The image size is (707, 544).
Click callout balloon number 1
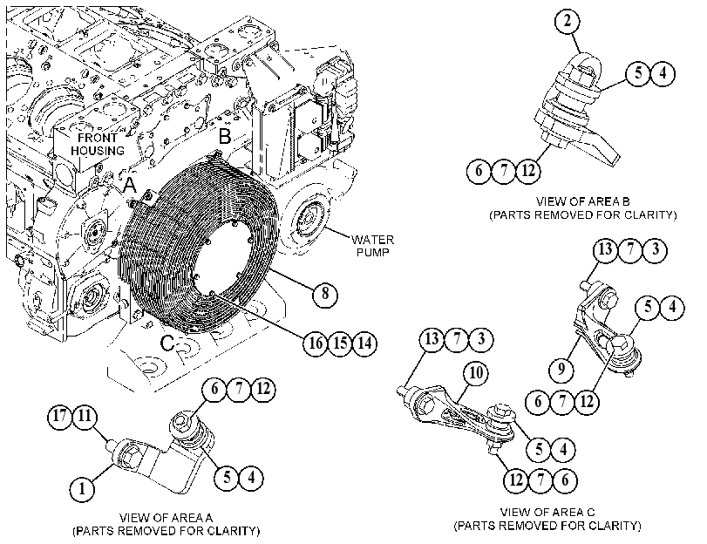(x=83, y=488)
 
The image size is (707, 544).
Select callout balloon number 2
(x=568, y=21)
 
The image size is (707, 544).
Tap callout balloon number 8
(x=325, y=294)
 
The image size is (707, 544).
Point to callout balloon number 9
(x=561, y=370)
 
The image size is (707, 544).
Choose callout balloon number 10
(x=476, y=373)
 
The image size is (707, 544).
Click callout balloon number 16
(x=316, y=343)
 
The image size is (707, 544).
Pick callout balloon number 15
(x=340, y=343)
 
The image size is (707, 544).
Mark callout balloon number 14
(x=364, y=343)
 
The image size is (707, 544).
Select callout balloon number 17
(x=60, y=416)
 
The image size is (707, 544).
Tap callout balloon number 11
(x=85, y=416)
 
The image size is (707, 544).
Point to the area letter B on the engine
(x=225, y=136)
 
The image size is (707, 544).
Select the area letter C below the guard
(x=167, y=343)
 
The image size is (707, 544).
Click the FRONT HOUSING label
(x=98, y=144)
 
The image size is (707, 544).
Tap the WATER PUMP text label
(x=372, y=246)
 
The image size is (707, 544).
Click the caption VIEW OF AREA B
(x=583, y=201)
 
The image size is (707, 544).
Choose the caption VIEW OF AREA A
(x=166, y=517)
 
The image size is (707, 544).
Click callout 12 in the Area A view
(x=263, y=389)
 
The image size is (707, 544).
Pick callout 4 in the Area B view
(x=663, y=73)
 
